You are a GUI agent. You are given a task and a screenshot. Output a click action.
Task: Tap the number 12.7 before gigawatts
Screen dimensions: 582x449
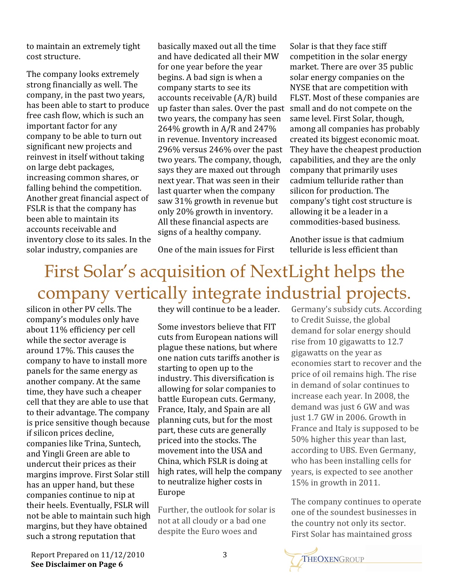pyautogui.click(x=395, y=342)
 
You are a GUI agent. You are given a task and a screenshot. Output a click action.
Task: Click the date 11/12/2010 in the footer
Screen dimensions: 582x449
pyautogui.click(x=123, y=555)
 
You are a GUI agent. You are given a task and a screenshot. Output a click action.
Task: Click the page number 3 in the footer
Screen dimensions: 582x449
pyautogui.click(x=225, y=555)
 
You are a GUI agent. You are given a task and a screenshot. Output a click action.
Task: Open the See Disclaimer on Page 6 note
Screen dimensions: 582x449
pyautogui.click(x=77, y=564)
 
